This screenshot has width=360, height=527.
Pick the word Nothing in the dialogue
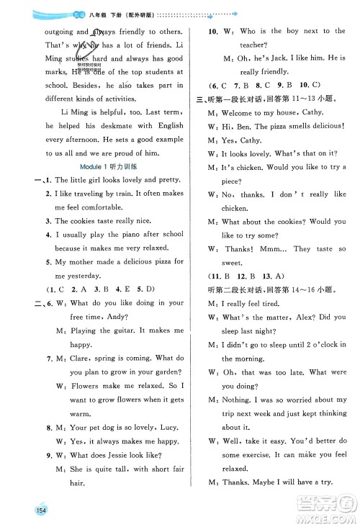coord(238,399)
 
